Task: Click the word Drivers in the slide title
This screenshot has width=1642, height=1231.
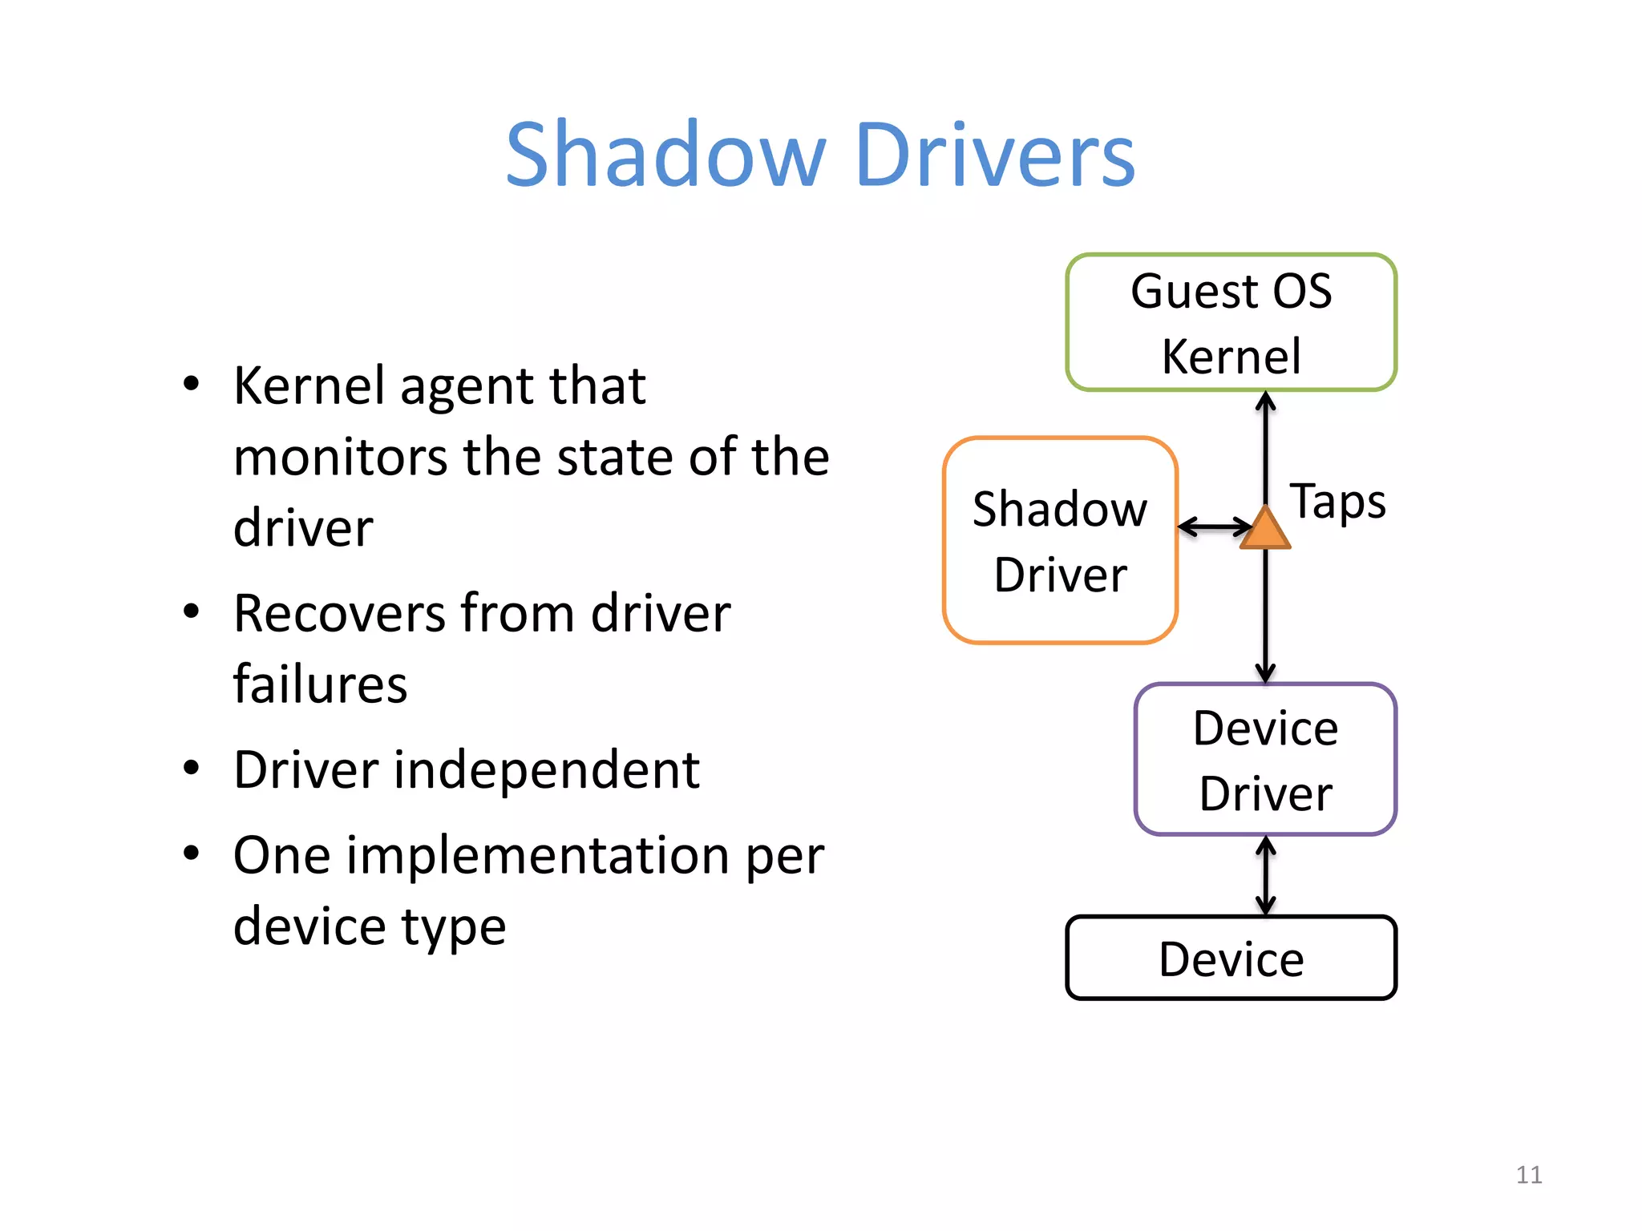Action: (x=995, y=154)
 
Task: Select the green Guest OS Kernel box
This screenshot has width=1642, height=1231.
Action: (x=1231, y=322)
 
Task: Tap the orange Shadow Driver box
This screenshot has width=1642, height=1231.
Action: (x=1060, y=540)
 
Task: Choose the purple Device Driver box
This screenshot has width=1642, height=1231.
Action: (x=1265, y=759)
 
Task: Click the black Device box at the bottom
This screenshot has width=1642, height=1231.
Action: (x=1231, y=958)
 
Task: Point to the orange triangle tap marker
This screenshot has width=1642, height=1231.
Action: (x=1265, y=530)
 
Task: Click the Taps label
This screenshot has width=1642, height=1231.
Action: (x=1337, y=502)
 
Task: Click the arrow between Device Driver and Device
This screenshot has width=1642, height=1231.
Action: (x=1265, y=875)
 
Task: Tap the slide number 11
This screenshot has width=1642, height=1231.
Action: (x=1529, y=1174)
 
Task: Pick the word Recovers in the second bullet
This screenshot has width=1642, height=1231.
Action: (x=338, y=614)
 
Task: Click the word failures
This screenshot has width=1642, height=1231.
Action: (x=320, y=684)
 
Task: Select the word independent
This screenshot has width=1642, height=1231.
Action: (x=547, y=770)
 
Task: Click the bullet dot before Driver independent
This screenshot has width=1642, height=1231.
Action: (x=191, y=768)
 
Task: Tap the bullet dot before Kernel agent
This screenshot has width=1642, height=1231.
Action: (x=191, y=383)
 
